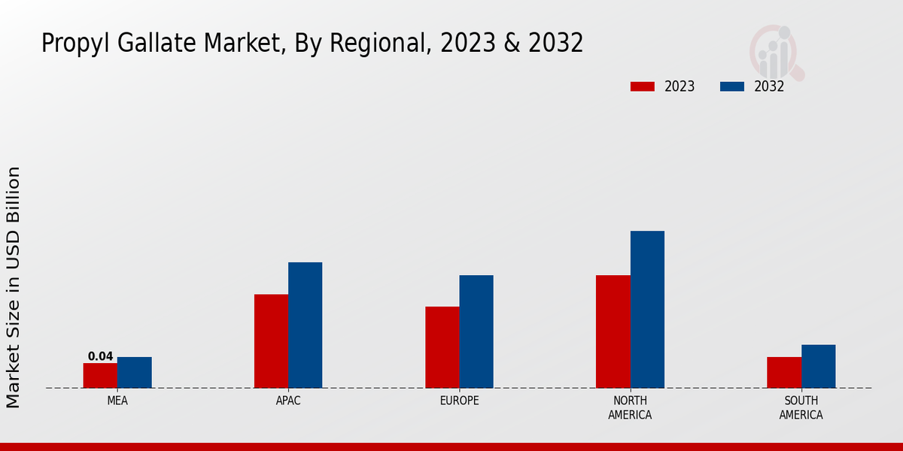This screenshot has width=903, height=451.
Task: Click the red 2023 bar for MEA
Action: point(100,375)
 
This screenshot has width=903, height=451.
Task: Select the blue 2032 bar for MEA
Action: point(135,372)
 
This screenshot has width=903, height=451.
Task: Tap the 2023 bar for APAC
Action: point(271,341)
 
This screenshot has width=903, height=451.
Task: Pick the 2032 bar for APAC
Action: point(305,325)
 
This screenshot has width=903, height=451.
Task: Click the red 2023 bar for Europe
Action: point(442,347)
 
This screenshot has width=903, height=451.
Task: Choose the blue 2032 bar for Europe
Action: point(476,331)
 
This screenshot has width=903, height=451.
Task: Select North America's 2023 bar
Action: point(613,331)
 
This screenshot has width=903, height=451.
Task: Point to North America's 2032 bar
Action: point(647,309)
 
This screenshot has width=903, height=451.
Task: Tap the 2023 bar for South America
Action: point(784,372)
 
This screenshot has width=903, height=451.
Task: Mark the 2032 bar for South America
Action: point(819,366)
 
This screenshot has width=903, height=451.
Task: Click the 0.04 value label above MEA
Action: point(100,356)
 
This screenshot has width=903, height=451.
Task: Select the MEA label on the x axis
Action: point(117,401)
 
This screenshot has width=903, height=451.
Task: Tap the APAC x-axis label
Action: point(288,401)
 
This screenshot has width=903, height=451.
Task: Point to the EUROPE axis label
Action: point(459,401)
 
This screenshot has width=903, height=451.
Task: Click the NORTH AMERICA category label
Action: point(631,407)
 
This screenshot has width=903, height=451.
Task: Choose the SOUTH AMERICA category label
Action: point(801,407)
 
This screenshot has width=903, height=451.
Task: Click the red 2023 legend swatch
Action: point(642,86)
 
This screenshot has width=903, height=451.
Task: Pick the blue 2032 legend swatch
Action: point(732,86)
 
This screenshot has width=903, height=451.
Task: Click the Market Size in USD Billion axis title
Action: point(14,287)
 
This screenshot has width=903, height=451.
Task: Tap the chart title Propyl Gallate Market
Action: point(312,44)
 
